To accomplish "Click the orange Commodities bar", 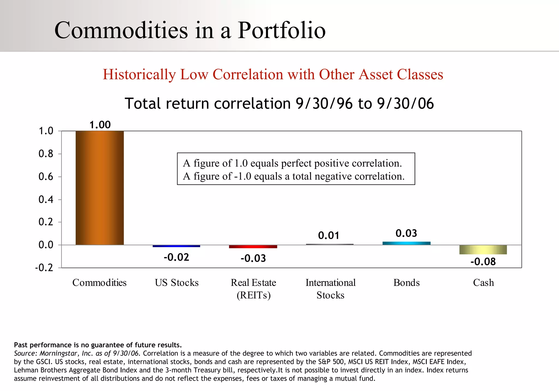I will tap(100, 188).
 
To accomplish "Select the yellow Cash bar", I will tap(483, 249).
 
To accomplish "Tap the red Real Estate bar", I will tap(253, 246).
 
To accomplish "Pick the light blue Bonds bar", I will tap(406, 243).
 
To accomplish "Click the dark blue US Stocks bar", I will tap(176, 246).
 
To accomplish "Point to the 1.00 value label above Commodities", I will tap(100, 125).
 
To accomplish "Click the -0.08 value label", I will tap(483, 262).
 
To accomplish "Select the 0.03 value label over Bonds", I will tap(406, 233).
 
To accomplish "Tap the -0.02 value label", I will tap(176, 257).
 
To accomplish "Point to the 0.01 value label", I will tap(329, 236).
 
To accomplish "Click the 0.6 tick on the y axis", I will tap(46, 177).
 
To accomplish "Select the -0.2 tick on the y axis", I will tap(44, 268).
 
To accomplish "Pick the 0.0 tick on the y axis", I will tap(46, 245).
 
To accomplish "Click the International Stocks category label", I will tap(330, 289).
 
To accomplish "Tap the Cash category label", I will tap(483, 283).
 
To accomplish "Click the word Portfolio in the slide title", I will tap(282, 30).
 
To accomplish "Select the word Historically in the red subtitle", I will tap(139, 74).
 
